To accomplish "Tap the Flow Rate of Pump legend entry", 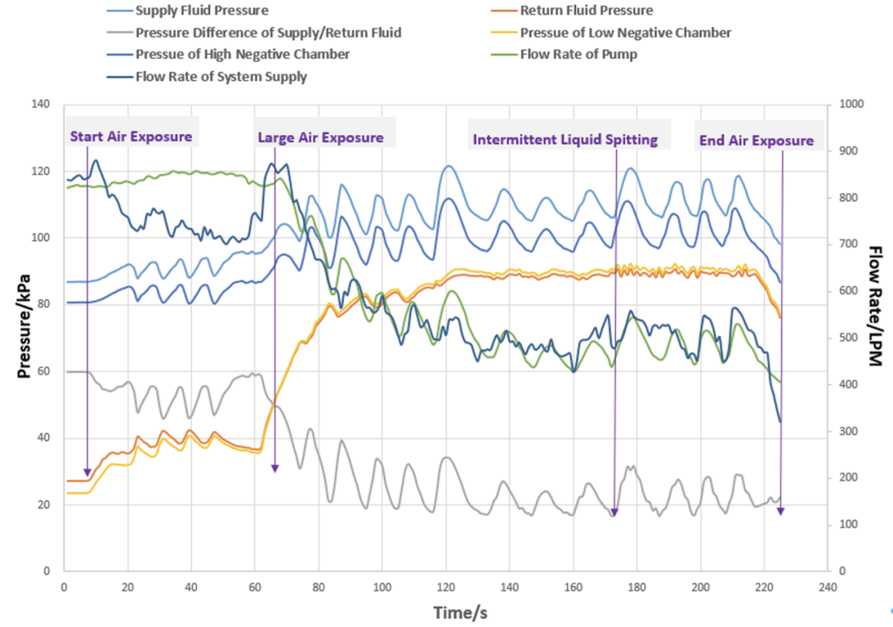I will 578,55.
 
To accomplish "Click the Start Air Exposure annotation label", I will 131,136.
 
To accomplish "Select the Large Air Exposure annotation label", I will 321,137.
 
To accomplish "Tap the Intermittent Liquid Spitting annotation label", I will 566,140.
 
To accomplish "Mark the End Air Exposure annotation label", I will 757,141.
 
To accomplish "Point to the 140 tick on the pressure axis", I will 40,104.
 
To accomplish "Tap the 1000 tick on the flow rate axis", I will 851,104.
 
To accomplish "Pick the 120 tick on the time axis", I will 446,586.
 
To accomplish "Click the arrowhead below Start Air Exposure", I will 88,471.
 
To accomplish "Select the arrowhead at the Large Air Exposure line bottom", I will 275,468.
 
